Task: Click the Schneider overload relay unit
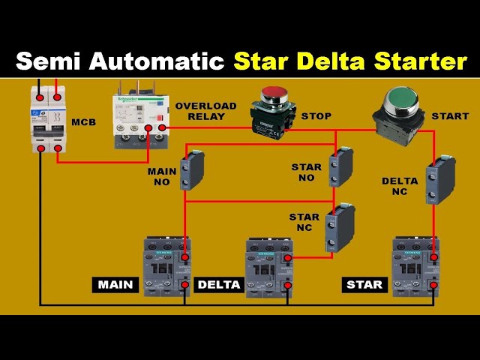139,118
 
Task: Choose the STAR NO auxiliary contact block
340,167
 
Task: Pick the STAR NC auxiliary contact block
339,226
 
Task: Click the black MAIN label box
115,285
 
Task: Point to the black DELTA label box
218,285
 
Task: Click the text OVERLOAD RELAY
205,111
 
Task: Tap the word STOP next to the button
316,117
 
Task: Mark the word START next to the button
450,117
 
